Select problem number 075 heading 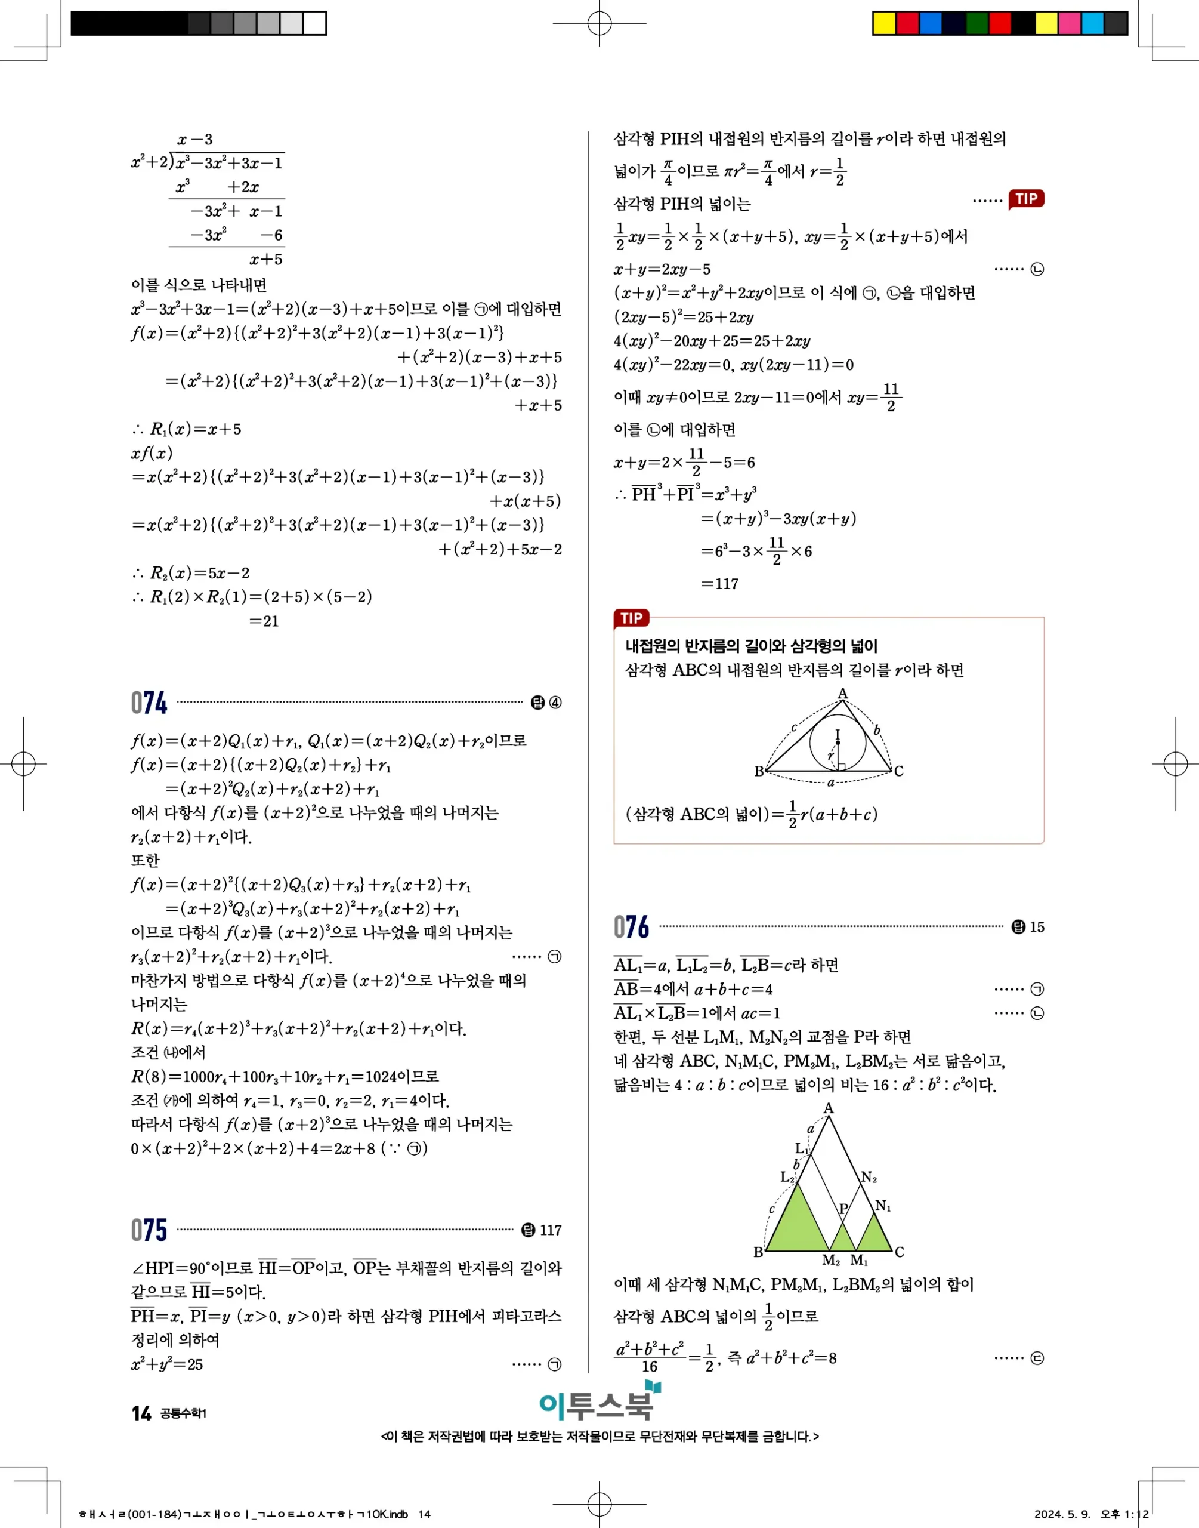(149, 1230)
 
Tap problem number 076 (631, 927)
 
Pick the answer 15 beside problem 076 (1037, 927)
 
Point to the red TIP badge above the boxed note (631, 618)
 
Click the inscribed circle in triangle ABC (838, 743)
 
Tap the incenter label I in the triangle (837, 734)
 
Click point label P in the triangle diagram (844, 1208)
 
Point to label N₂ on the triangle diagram (869, 1177)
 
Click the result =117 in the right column (719, 584)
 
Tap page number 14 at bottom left (141, 1413)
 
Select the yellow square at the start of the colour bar (884, 23)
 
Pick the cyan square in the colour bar (1092, 23)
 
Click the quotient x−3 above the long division (194, 139)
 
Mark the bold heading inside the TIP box (750, 645)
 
